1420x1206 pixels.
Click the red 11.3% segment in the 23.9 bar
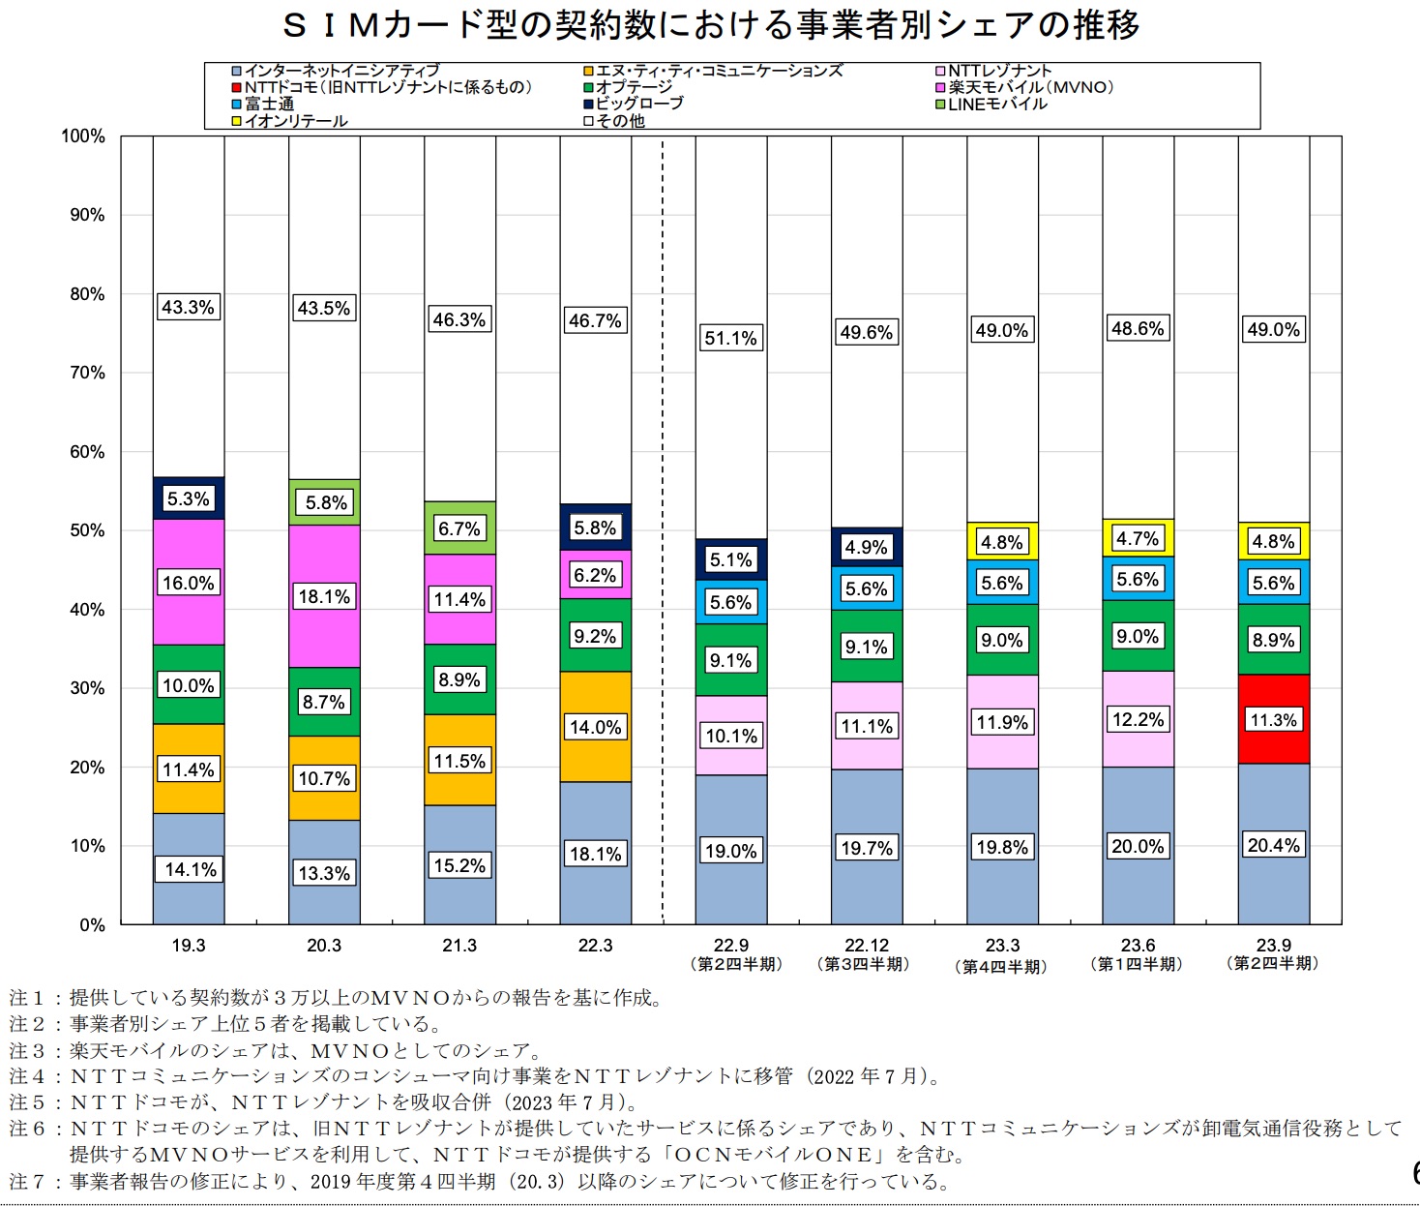tap(1274, 718)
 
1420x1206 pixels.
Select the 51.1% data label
tap(730, 338)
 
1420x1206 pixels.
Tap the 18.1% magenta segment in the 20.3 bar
tap(324, 596)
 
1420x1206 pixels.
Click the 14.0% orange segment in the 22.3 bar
tap(596, 726)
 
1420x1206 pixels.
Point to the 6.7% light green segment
tap(459, 528)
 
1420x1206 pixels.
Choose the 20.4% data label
tap(1274, 845)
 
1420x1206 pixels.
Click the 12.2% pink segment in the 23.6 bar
tap(1139, 719)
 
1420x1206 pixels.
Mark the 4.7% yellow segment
tap(1139, 538)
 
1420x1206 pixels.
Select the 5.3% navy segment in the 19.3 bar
tap(189, 497)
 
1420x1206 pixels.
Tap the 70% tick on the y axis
tap(87, 373)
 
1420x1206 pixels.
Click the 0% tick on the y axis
tap(92, 924)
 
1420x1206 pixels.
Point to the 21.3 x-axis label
tap(459, 946)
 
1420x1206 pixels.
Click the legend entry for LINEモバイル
tap(991, 104)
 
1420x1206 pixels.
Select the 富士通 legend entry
tap(263, 104)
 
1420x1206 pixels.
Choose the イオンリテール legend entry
tap(290, 121)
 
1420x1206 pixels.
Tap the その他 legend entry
tap(615, 121)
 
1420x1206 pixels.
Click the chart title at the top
tap(710, 25)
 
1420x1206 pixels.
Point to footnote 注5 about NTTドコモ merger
tap(324, 1102)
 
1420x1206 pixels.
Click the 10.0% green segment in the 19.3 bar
tap(189, 684)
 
